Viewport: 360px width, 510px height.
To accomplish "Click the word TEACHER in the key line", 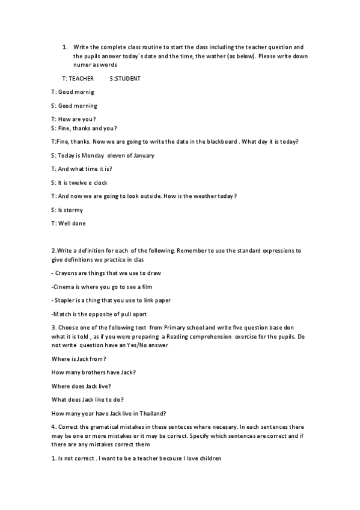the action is pos(82,78).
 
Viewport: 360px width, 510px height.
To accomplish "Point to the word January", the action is pos(141,155).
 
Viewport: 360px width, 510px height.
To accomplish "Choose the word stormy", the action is pos(75,210).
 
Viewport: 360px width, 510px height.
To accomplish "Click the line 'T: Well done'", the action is pos(69,224).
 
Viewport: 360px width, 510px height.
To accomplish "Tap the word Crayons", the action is pos(67,272).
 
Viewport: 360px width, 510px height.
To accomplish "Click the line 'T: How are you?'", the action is pos(73,119).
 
